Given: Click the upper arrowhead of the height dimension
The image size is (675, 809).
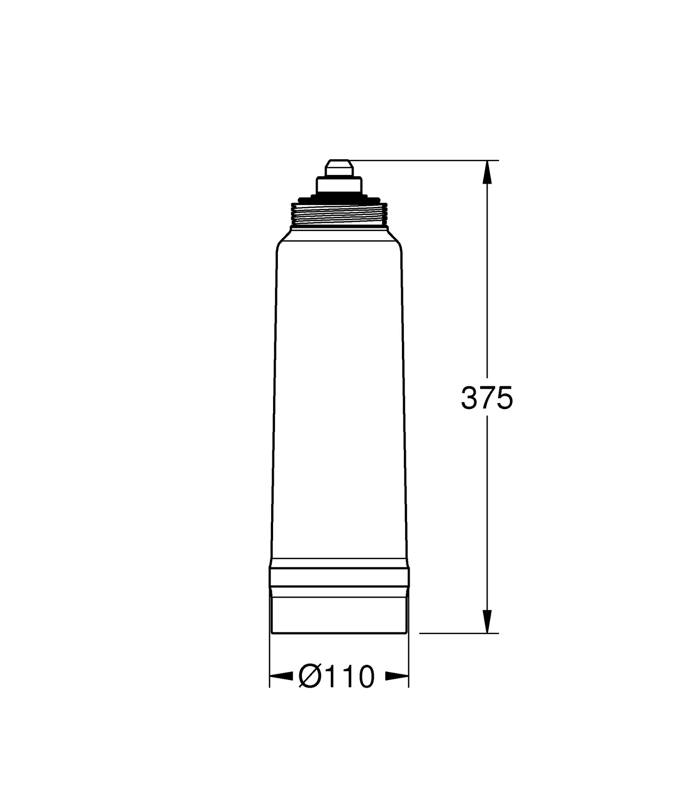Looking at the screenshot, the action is coord(487,172).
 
